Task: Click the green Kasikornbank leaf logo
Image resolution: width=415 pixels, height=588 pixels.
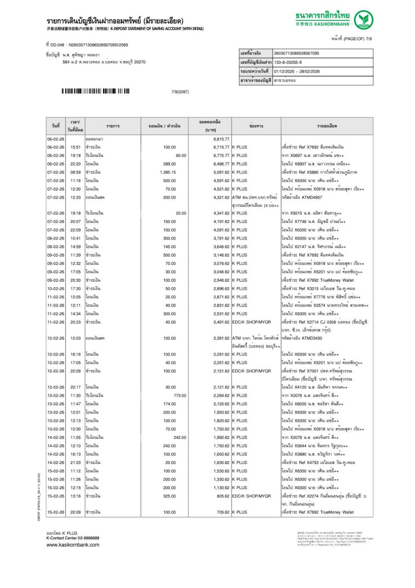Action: coord(363,20)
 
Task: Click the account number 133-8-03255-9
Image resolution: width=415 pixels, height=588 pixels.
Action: coord(288,62)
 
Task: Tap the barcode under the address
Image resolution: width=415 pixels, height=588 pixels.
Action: coord(96,91)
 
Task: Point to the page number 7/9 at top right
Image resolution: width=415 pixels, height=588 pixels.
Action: coord(369,39)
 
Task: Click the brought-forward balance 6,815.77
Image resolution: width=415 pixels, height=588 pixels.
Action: coord(221,139)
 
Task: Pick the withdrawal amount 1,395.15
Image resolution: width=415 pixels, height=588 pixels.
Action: coord(168,172)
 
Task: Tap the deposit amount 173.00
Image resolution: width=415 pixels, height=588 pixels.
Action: coord(180,396)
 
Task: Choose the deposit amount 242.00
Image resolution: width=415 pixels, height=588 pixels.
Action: coord(180,437)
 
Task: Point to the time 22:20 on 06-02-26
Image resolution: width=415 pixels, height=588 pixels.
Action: coord(76,164)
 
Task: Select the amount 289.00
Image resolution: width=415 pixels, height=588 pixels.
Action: coord(169,164)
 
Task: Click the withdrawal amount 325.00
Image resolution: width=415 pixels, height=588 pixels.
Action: coord(169,496)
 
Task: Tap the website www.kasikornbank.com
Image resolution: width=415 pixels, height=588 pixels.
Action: coord(73,545)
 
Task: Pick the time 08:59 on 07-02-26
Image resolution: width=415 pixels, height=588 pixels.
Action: coord(76,172)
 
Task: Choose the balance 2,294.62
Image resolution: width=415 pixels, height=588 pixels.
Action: coord(221,396)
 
